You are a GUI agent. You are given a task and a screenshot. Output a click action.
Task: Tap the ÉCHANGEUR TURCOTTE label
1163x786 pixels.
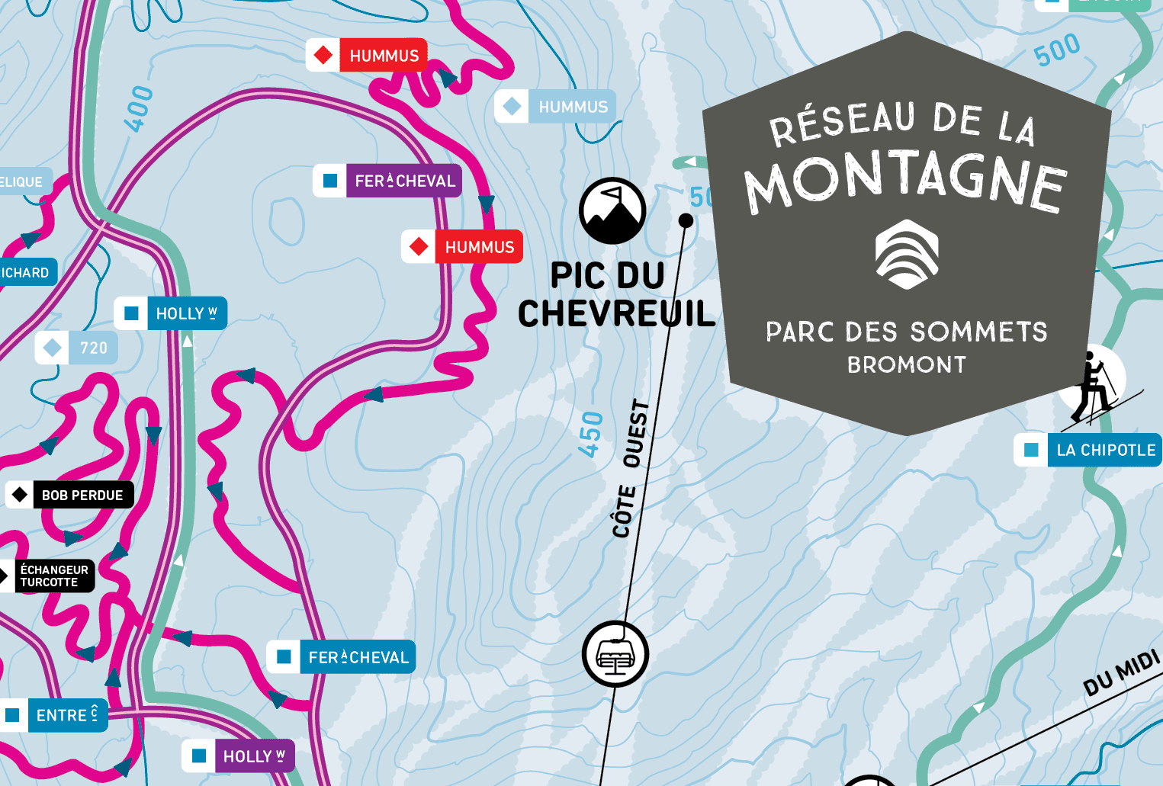click(53, 576)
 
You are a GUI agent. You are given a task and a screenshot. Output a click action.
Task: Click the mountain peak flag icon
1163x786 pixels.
click(612, 211)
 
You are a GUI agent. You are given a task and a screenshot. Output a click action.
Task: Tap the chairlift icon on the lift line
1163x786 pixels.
click(615, 654)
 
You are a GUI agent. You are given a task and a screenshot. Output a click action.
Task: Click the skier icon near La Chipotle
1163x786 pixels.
click(1092, 386)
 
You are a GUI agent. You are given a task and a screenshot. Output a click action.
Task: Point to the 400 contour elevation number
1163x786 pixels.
click(140, 109)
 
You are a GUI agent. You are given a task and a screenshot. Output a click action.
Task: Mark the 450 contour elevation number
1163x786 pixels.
click(591, 434)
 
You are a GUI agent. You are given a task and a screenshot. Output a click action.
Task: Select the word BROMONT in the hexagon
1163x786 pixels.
click(906, 365)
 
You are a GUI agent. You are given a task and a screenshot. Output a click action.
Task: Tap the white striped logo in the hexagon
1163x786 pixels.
click(906, 254)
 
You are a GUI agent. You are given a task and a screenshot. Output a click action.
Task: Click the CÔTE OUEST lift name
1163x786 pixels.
click(631, 468)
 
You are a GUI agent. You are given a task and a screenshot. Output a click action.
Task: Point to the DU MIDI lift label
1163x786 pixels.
click(1121, 673)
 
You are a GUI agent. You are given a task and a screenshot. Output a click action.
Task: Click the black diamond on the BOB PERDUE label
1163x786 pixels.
click(20, 496)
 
